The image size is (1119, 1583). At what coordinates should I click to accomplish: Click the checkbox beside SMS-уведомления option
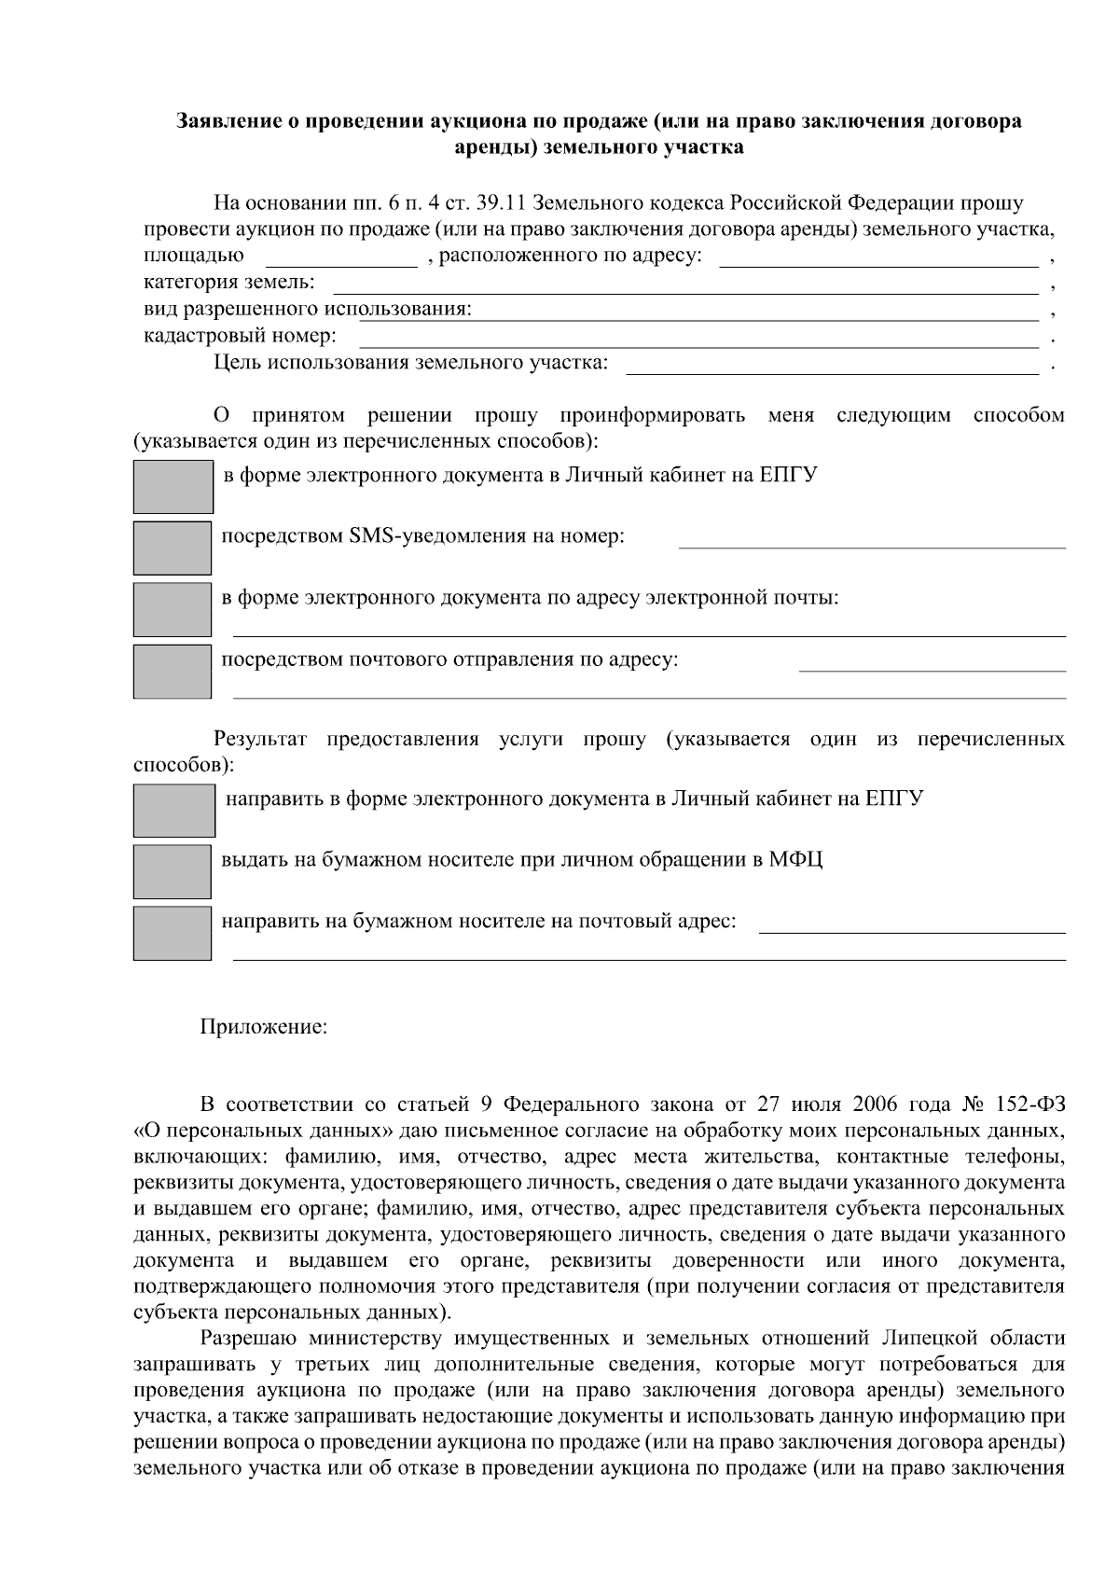pos(173,548)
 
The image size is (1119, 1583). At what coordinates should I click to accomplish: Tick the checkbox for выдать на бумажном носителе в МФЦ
pos(173,871)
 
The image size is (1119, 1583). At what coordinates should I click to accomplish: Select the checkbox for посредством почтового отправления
pos(173,671)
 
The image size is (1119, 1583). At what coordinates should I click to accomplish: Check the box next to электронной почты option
pos(173,609)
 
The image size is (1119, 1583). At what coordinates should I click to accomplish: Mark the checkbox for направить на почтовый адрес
pos(173,933)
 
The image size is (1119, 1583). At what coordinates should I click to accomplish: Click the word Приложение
pos(264,1028)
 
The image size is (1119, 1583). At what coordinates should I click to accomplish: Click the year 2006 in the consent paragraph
pos(874,1105)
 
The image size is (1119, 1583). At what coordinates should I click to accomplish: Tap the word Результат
pos(260,741)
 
